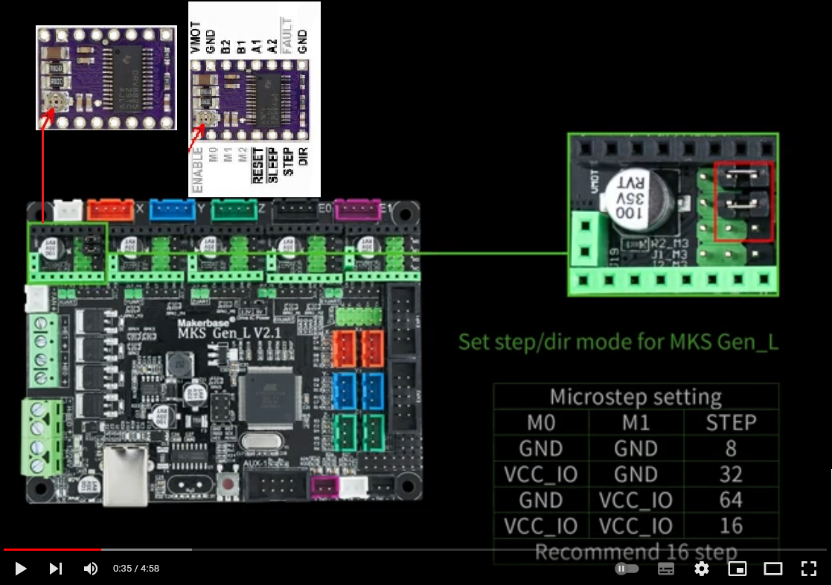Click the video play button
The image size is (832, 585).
[21, 569]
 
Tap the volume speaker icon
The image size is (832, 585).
[90, 569]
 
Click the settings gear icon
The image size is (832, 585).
[701, 569]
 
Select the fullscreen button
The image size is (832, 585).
[808, 569]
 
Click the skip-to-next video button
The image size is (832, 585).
[56, 569]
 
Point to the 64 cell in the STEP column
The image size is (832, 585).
[731, 500]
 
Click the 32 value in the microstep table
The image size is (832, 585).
[731, 474]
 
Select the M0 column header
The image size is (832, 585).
[541, 423]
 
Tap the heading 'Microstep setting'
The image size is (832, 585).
[636, 397]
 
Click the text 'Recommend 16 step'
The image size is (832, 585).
[636, 552]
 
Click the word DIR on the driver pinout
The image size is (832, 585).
[303, 156]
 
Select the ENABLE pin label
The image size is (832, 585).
[197, 170]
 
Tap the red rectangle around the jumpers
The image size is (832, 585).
[743, 202]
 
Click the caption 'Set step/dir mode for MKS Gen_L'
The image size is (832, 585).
[618, 342]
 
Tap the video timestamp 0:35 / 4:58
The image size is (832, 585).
[136, 569]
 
